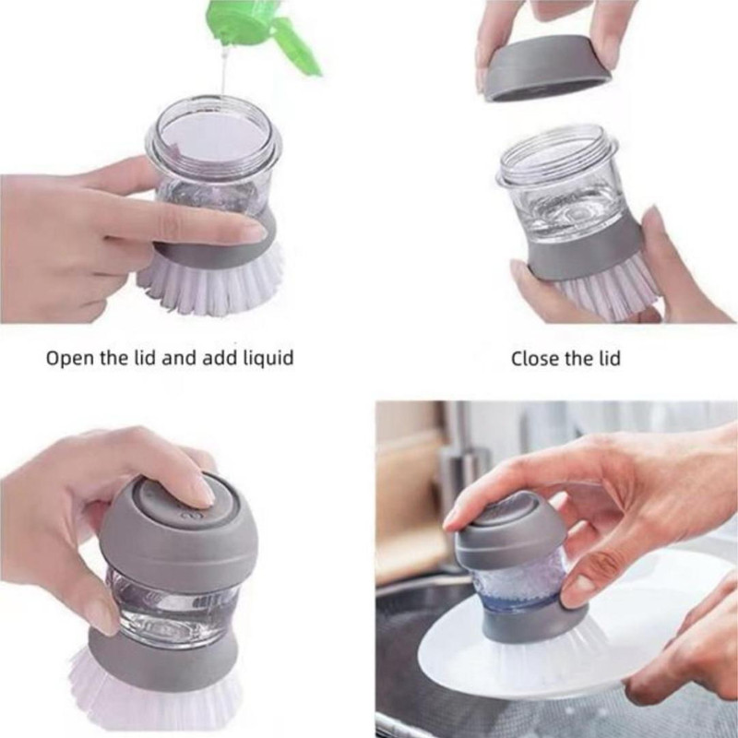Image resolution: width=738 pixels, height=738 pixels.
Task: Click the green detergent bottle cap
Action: (264, 33)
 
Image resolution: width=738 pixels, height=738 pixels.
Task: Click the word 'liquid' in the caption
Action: (268, 358)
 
